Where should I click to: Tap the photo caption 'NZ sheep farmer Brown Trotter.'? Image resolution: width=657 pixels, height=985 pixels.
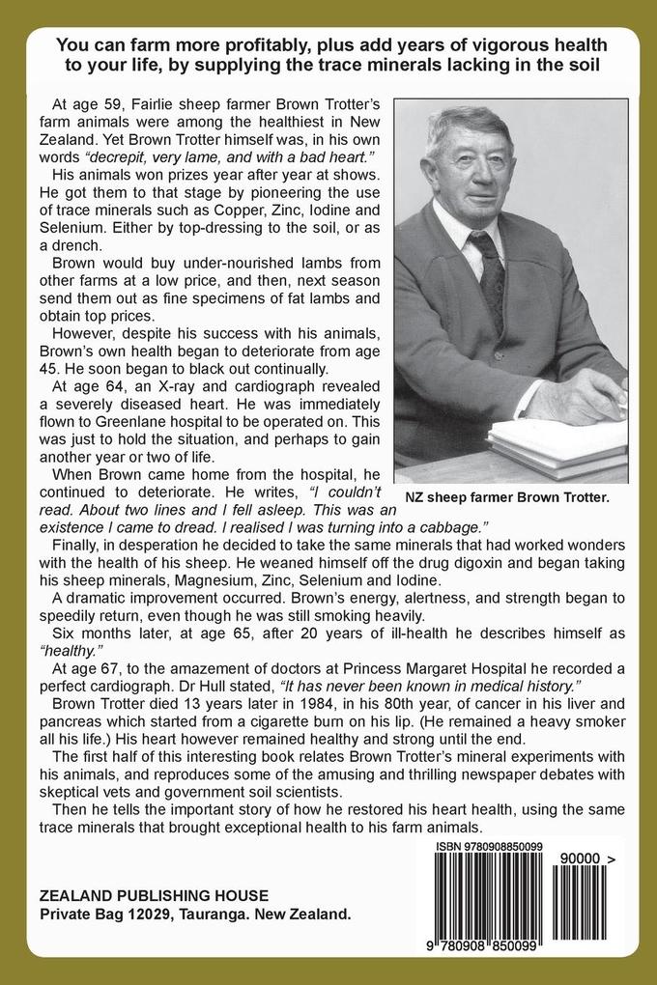coord(507,497)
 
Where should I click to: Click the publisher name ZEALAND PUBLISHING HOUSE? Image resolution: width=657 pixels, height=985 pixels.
coord(154,894)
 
